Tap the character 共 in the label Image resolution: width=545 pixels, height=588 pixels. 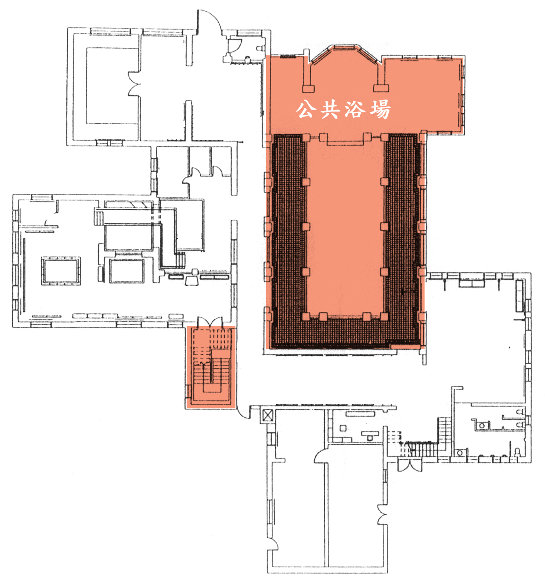click(329, 110)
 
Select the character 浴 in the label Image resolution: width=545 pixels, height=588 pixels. click(355, 110)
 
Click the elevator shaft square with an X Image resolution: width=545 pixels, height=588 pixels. click(267, 415)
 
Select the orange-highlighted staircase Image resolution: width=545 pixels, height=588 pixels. click(211, 367)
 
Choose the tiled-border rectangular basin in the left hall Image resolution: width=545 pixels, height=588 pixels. click(61, 271)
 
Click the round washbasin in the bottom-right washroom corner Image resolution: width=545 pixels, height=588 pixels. click(460, 453)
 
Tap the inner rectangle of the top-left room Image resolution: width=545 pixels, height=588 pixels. click(112, 85)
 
